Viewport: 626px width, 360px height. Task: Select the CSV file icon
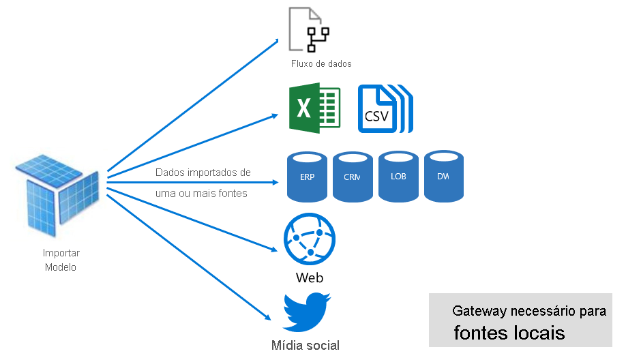point(385,109)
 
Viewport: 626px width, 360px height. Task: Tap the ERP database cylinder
point(307,177)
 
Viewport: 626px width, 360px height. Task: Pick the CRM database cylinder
point(353,177)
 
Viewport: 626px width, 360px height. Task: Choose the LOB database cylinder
point(398,177)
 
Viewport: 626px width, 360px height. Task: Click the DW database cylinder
point(443,176)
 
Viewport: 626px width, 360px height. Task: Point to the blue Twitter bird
point(306,312)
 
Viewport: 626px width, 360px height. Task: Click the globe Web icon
point(309,241)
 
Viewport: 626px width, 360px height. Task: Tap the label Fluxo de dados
point(321,63)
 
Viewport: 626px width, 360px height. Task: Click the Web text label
point(310,278)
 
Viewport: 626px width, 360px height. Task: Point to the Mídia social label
point(305,345)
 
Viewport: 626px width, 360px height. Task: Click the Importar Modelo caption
point(61,260)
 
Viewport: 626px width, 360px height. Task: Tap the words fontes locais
point(509,333)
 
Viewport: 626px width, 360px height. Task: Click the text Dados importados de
point(203,172)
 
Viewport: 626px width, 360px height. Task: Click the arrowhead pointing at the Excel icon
point(275,115)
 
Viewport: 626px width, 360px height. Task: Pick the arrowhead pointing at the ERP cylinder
point(276,183)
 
